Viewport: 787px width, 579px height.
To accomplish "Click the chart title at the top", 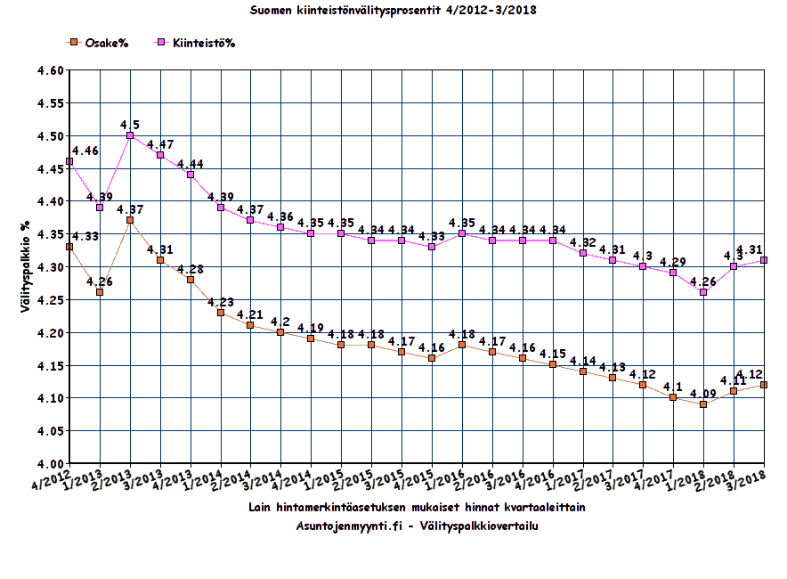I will pos(392,10).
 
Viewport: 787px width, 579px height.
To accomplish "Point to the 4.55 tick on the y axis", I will pos(50,103).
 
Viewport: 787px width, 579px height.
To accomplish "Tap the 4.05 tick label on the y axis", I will pos(50,431).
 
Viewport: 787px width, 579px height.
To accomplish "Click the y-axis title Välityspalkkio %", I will pos(27,267).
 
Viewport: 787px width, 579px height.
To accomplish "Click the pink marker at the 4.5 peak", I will pos(130,135).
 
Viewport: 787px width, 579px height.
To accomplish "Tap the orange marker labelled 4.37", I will pos(130,220).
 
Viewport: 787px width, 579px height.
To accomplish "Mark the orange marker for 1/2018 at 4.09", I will pos(703,404).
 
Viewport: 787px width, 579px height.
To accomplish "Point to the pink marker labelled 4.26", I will pos(703,292).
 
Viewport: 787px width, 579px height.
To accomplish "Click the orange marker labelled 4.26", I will pos(100,292).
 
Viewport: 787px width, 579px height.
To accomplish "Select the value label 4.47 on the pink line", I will pos(161,144).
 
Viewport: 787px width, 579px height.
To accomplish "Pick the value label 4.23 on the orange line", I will pos(221,302).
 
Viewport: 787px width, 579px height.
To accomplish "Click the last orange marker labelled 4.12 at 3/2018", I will pos(764,385).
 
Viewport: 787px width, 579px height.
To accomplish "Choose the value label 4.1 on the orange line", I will pos(673,387).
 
